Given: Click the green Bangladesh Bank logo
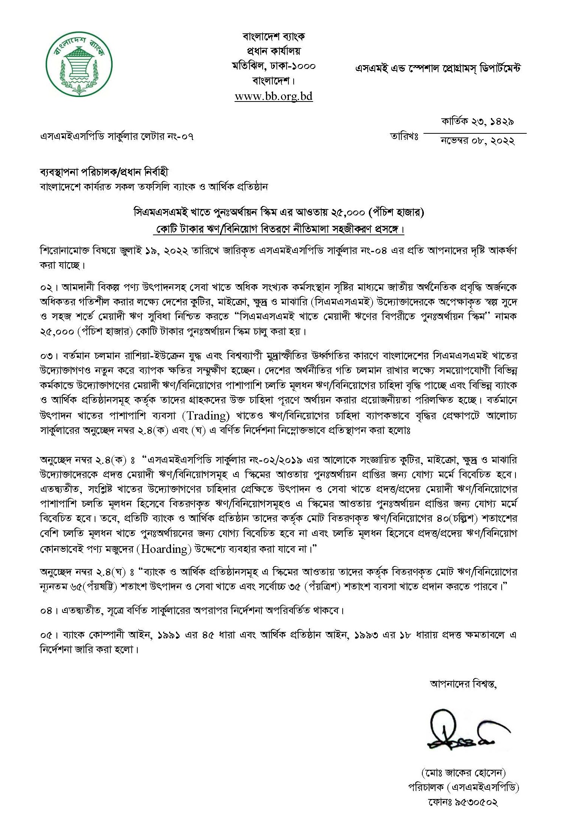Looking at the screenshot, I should pos(79,67).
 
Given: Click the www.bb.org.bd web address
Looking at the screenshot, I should pos(273,96).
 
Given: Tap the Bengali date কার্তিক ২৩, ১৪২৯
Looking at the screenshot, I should pos(477,122).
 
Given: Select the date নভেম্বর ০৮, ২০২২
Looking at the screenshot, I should pos(478,141).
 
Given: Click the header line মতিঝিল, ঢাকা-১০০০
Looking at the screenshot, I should pos(273,66).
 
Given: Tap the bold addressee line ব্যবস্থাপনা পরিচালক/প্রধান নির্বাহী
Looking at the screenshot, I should pos(104,172).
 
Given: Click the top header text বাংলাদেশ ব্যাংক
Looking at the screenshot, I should pos(273,37).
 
